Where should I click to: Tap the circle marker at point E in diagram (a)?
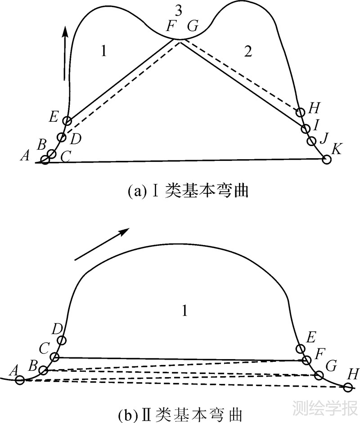click(x=67, y=120)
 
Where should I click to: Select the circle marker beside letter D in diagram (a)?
click(x=62, y=137)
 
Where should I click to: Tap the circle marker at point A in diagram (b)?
click(x=20, y=380)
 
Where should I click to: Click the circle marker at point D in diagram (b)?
click(x=62, y=340)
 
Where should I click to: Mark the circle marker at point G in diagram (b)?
click(x=319, y=375)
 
